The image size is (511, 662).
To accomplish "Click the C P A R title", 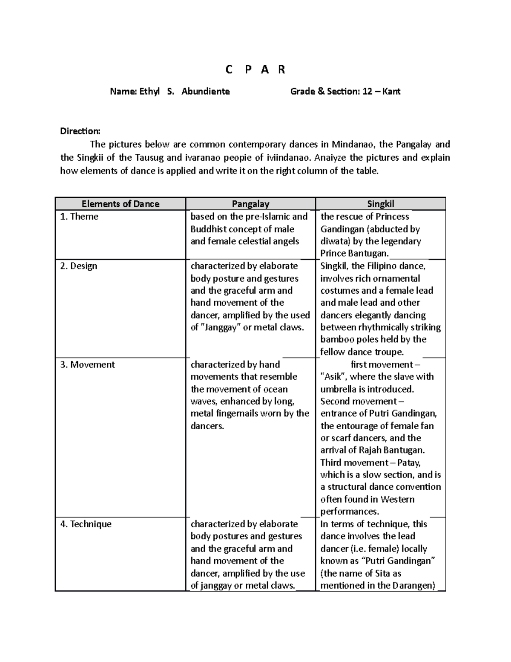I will pos(255,69).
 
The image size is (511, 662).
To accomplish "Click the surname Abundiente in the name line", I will pos(206,91).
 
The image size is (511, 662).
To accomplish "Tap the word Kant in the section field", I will pos(391,91).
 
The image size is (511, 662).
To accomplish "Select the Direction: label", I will pos(80,131).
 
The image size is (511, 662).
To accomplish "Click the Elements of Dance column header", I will pos(121,204).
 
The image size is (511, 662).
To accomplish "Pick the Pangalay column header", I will pos(250,204).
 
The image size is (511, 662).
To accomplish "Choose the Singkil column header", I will pos(380,204).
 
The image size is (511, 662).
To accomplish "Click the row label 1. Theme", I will pos(79,217).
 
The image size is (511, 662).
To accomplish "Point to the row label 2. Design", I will pos(79,266).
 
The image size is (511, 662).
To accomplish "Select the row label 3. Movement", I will pos(88,364).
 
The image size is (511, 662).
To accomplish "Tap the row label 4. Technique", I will pos(86,524).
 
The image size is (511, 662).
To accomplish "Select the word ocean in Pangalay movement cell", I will pos(276,389).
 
